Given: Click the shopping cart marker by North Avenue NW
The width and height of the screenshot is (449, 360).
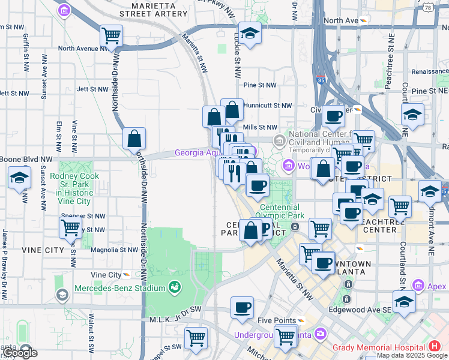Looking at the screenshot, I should pyautogui.click(x=111, y=37).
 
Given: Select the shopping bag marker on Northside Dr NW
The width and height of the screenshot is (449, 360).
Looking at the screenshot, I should pyautogui.click(x=134, y=139).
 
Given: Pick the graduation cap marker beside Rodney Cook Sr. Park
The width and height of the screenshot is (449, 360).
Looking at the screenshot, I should pyautogui.click(x=19, y=178).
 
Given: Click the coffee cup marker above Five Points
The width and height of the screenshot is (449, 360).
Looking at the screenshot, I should pyautogui.click(x=243, y=308).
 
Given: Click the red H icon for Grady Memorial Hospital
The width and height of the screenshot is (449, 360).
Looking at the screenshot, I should pyautogui.click(x=434, y=346).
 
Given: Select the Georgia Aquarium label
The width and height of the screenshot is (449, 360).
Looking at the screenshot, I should pyautogui.click(x=198, y=153).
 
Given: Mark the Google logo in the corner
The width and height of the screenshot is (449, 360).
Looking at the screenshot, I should pyautogui.click(x=20, y=353).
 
